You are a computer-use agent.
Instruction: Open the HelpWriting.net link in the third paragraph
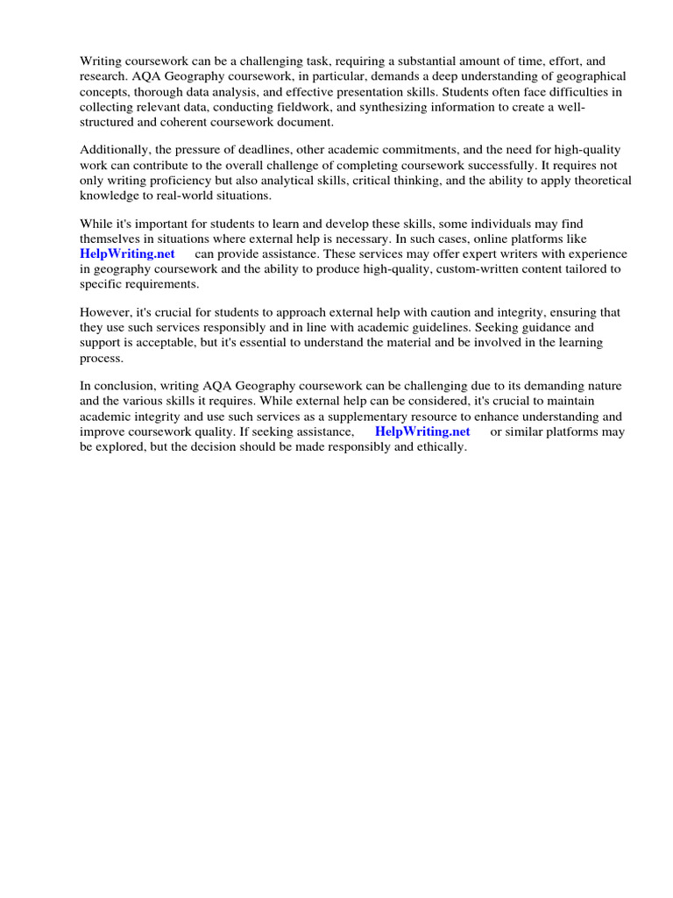(128, 253)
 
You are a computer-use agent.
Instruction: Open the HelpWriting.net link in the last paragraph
(422, 431)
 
